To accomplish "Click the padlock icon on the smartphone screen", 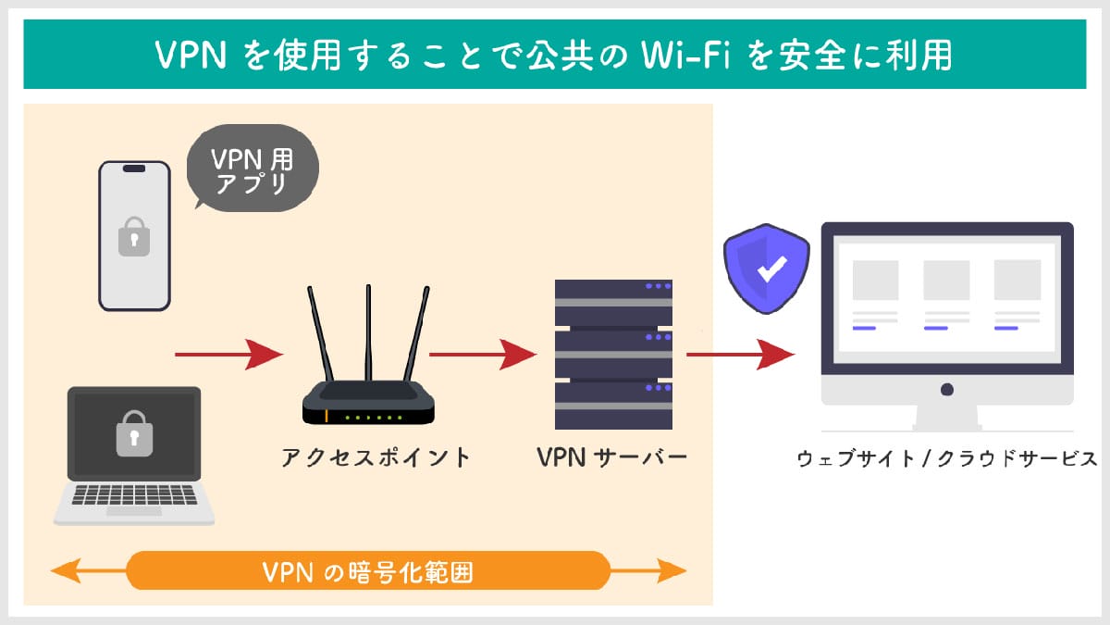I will [134, 237].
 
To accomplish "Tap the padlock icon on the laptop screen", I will [133, 434].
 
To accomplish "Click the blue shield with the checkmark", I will [767, 269].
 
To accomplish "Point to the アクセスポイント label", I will [376, 457].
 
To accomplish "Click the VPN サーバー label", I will [612, 457].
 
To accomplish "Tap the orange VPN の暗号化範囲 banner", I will [368, 571].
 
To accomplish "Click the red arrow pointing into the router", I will [228, 353].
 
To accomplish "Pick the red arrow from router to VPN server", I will [482, 353].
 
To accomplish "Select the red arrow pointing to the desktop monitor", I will [740, 353].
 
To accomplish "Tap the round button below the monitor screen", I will [947, 389].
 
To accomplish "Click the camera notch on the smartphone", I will [134, 169].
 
